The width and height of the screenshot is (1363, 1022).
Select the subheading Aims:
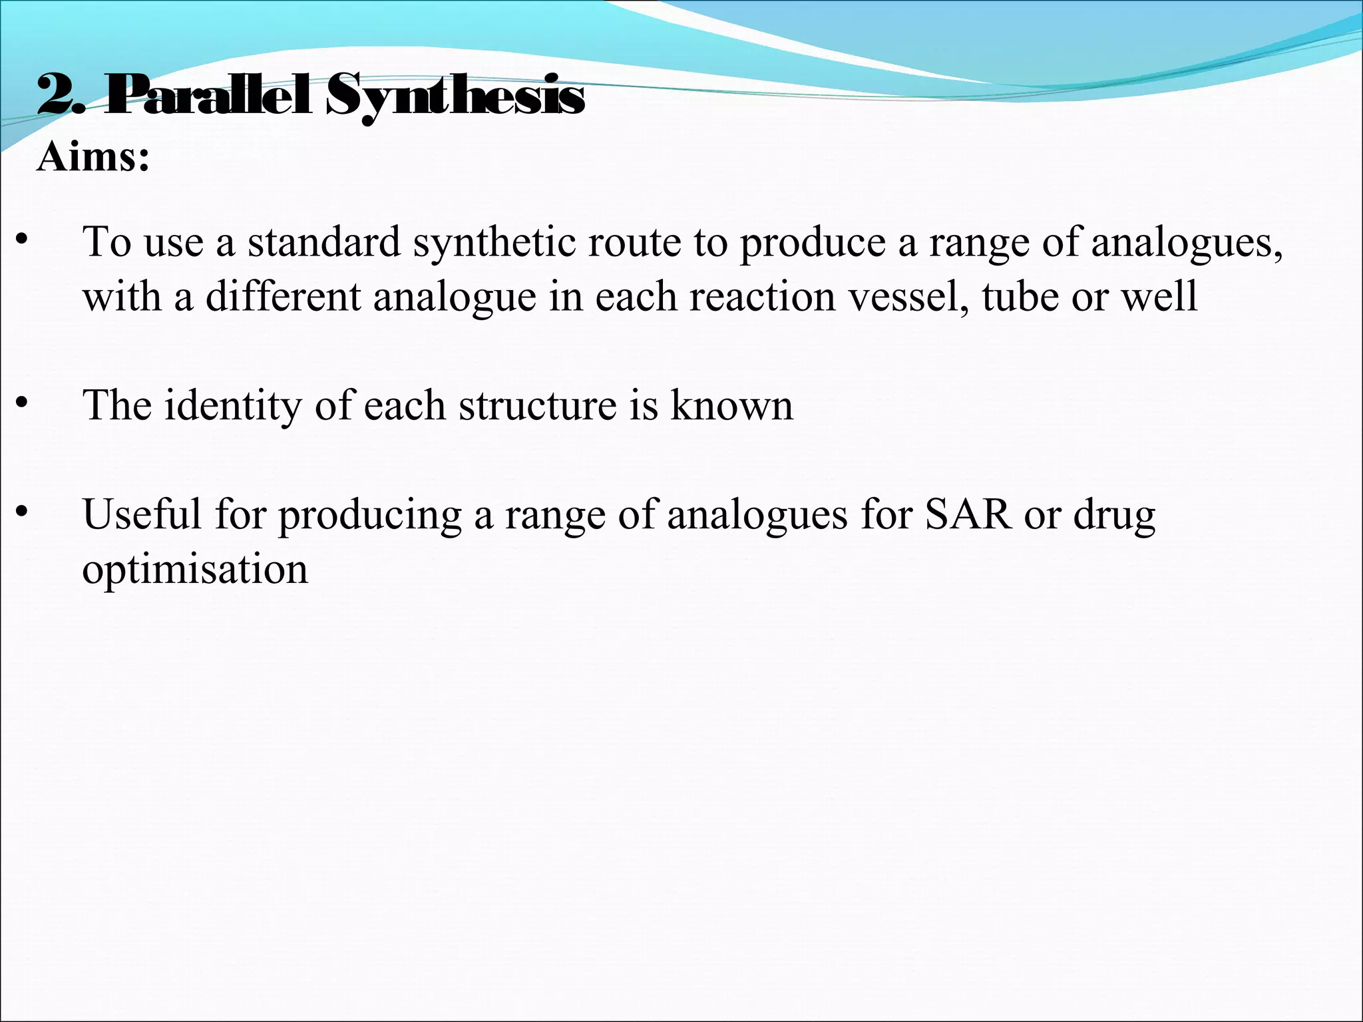[x=93, y=158]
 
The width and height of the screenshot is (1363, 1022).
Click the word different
[x=282, y=296]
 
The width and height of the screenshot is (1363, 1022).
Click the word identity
[x=232, y=405]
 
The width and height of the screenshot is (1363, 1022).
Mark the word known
[x=731, y=405]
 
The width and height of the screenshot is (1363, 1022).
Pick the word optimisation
[x=195, y=570]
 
